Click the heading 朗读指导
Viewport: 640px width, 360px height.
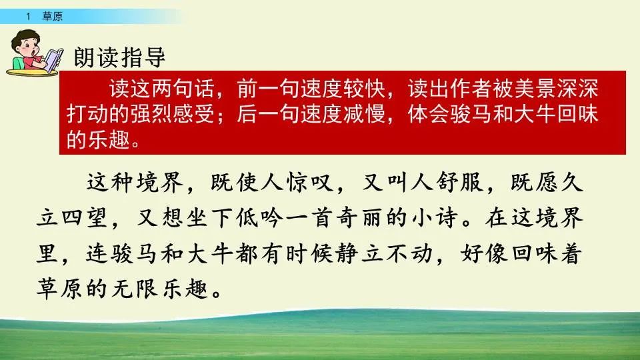pos(119,57)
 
